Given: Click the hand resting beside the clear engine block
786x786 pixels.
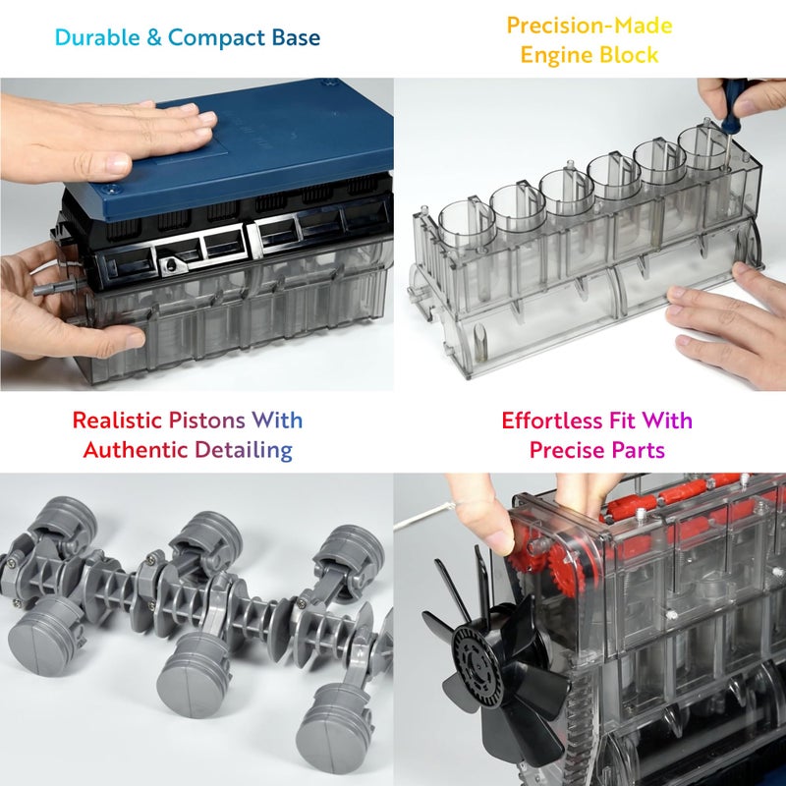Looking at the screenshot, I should pos(732,324).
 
